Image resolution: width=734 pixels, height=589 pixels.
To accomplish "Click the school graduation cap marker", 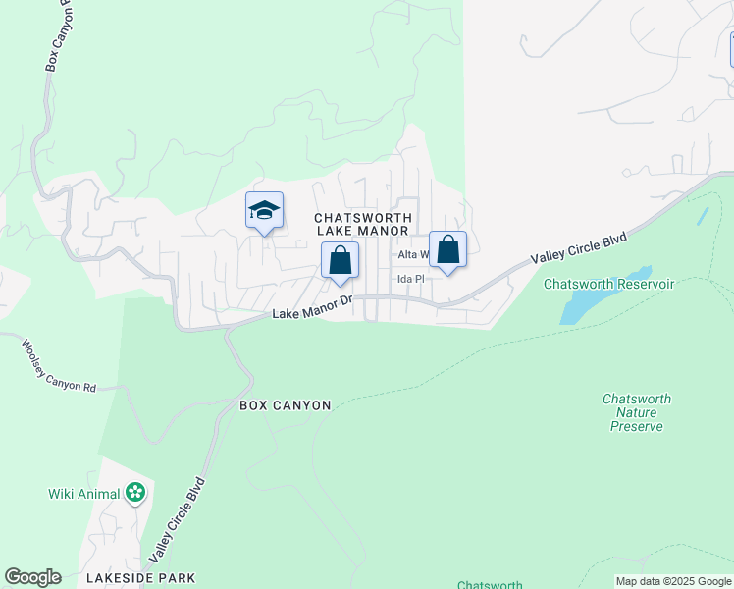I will (x=264, y=211).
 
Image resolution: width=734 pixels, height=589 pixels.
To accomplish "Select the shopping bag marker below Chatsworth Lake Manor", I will (x=340, y=261).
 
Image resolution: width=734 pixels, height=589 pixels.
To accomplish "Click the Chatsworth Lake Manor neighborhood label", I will (x=363, y=224).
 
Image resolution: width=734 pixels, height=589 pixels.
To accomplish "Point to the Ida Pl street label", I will (x=410, y=279).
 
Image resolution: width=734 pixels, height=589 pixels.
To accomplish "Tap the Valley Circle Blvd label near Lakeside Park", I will (x=178, y=520).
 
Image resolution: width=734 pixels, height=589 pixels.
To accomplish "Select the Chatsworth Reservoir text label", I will (x=609, y=284).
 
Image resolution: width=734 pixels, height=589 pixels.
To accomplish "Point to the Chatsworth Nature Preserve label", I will (x=637, y=412).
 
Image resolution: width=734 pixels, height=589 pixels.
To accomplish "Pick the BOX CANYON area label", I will (x=286, y=404).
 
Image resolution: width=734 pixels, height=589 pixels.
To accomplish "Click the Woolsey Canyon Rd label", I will (x=60, y=366).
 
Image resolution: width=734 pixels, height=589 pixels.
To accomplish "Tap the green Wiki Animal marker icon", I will (x=135, y=493).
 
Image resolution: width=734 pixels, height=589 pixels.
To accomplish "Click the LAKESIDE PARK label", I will (x=140, y=578).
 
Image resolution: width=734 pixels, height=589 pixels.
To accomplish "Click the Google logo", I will (x=32, y=577).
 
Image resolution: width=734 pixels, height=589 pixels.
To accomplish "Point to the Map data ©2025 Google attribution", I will (x=673, y=581).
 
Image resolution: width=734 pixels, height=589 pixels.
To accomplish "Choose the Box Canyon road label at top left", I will (x=56, y=37).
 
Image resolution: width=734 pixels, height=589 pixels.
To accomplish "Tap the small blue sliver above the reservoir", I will (x=702, y=216).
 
